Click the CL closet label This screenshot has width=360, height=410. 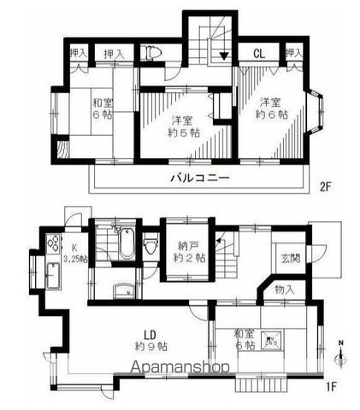coord(257,53)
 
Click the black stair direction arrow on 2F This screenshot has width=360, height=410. coord(223,56)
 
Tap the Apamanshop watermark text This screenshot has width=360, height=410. coord(180,368)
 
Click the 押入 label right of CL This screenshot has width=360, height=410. coord(293,53)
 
